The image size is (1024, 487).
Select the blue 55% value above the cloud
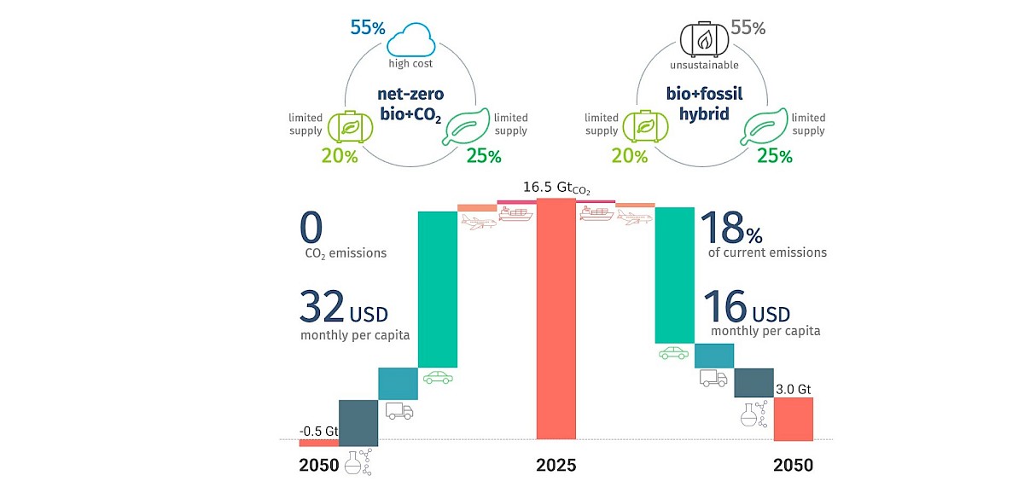(x=367, y=27)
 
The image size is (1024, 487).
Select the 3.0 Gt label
(x=793, y=390)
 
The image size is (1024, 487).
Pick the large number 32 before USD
(x=323, y=306)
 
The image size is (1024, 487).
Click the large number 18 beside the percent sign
(x=722, y=229)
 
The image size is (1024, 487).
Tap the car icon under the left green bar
(x=438, y=378)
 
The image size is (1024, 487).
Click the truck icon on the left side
(x=399, y=412)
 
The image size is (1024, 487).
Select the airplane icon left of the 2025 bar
(x=477, y=222)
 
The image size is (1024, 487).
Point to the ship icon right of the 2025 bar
(x=596, y=214)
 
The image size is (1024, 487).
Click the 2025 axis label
(x=556, y=466)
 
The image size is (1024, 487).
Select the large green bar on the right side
(x=674, y=275)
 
